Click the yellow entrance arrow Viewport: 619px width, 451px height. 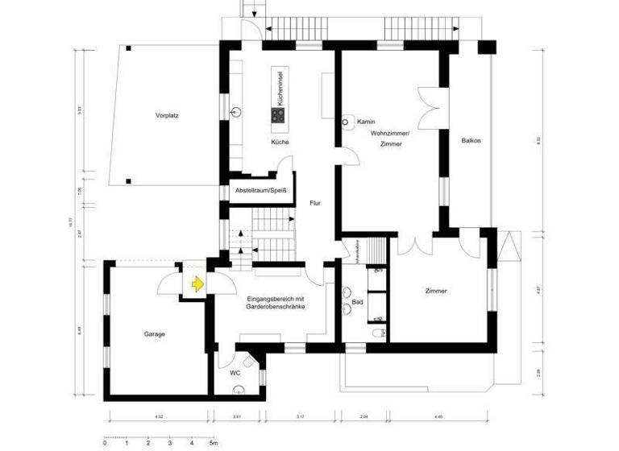tap(197, 283)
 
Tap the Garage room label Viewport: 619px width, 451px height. tap(155, 333)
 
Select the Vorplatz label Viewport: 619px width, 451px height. tap(167, 116)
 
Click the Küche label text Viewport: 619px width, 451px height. tap(280, 142)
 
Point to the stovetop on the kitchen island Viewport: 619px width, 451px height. tap(278, 115)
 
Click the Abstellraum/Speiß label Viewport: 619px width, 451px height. tap(260, 192)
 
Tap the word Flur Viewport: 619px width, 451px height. tap(315, 203)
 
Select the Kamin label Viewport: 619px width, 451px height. tap(366, 122)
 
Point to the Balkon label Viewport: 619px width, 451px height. tap(472, 141)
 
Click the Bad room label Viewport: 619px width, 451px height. tap(357, 303)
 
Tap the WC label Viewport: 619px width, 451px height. tap(235, 373)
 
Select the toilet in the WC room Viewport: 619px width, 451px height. tap(239, 391)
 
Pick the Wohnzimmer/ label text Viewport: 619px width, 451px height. tap(391, 132)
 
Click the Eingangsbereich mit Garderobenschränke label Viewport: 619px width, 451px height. tap(276, 303)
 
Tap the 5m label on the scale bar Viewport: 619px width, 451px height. tap(213, 443)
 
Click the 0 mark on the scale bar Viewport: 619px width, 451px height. tap(106, 443)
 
